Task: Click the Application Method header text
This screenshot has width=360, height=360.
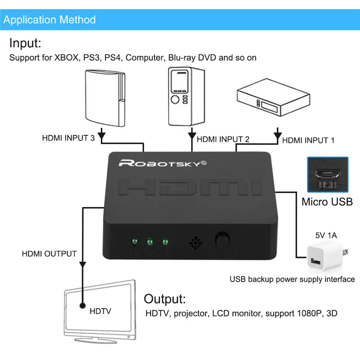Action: (x=50, y=20)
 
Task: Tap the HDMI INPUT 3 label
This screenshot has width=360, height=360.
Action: (x=68, y=138)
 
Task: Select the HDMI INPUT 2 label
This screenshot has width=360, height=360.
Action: (x=223, y=139)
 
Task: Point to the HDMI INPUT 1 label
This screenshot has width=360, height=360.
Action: (x=308, y=140)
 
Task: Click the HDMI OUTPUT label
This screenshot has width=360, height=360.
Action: (x=49, y=254)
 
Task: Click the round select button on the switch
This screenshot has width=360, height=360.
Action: (x=221, y=238)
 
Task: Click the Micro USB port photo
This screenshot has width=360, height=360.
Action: (x=327, y=175)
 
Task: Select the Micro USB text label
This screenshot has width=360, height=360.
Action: (x=327, y=201)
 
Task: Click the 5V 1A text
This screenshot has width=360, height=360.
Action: (x=325, y=235)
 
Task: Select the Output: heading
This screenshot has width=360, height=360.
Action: (x=165, y=299)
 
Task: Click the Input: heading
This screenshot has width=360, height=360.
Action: (x=25, y=44)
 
